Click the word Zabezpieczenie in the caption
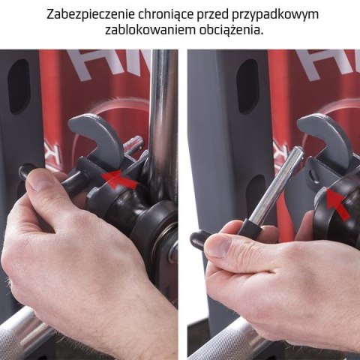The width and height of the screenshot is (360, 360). point(88,15)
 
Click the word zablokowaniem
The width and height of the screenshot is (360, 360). point(136,32)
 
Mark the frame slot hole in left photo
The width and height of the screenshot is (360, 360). point(19,86)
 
